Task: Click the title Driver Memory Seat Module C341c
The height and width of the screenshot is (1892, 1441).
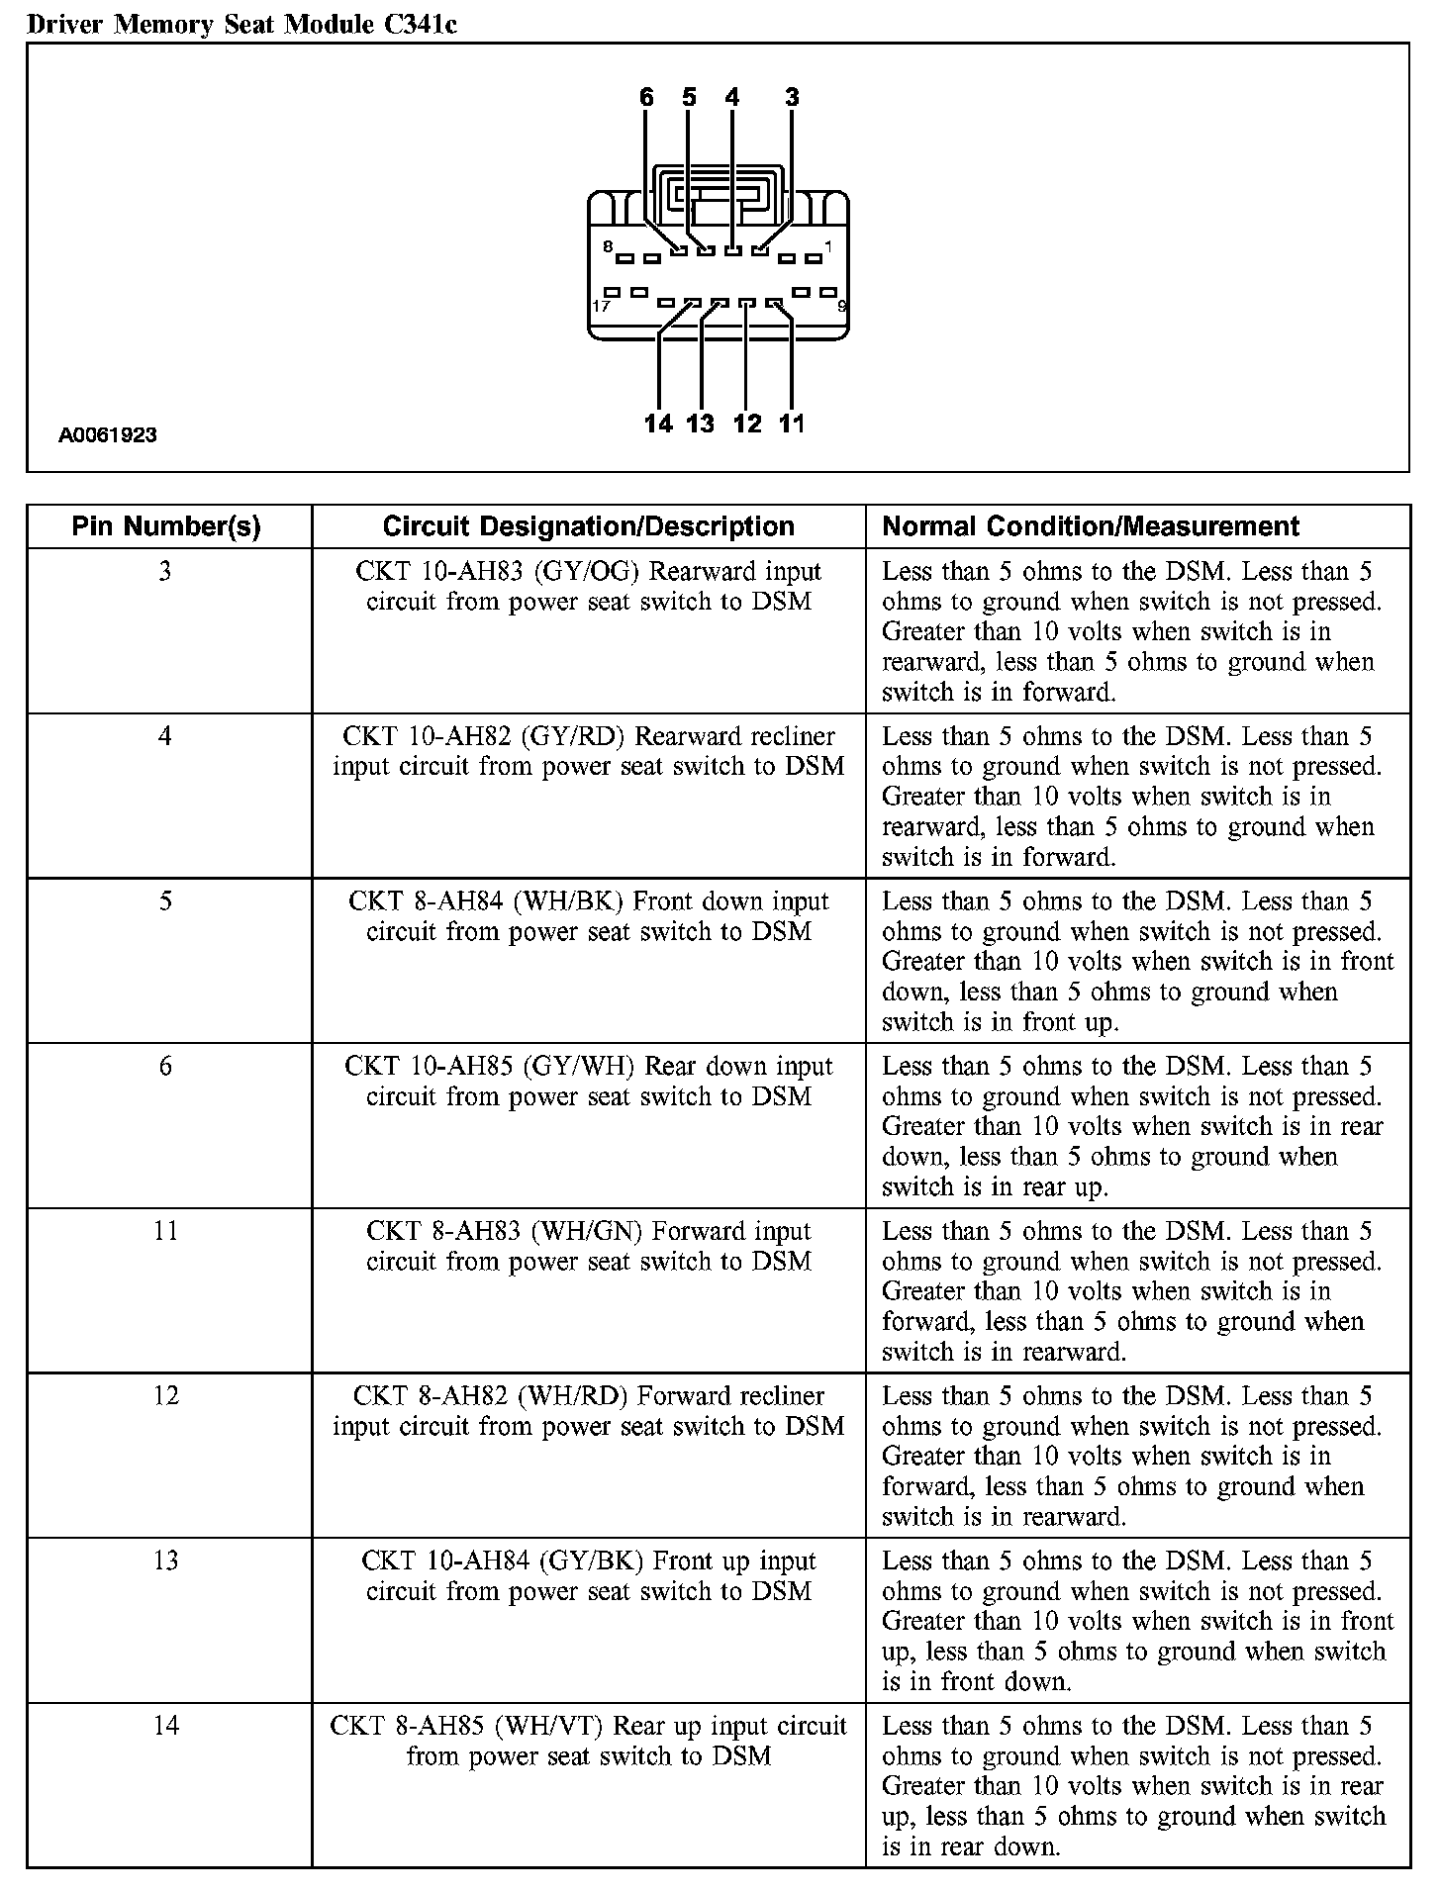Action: [x=241, y=24]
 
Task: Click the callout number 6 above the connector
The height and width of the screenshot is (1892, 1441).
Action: [x=646, y=97]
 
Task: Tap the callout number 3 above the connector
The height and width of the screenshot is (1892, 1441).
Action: [x=792, y=97]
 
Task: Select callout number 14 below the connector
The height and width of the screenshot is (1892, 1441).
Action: [x=658, y=424]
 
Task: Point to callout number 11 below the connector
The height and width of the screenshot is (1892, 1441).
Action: [x=792, y=424]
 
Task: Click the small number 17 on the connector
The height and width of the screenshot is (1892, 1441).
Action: [x=601, y=306]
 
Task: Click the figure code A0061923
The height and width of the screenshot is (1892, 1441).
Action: [x=108, y=434]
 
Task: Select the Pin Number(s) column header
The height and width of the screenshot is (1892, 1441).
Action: [x=166, y=526]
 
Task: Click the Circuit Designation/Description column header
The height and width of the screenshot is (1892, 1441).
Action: [x=588, y=526]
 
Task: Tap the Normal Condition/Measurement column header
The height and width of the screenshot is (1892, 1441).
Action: [x=1090, y=526]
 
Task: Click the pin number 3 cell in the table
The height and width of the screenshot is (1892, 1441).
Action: [x=165, y=572]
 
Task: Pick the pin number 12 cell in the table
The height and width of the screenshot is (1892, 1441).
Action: [x=165, y=1396]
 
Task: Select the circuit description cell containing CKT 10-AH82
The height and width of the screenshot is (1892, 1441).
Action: [x=588, y=751]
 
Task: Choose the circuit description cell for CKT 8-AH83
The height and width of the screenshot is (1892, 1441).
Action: [x=588, y=1246]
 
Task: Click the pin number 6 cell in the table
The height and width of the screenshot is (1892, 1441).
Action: [x=165, y=1067]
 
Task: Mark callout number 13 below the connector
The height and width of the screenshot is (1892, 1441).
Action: [x=700, y=424]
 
